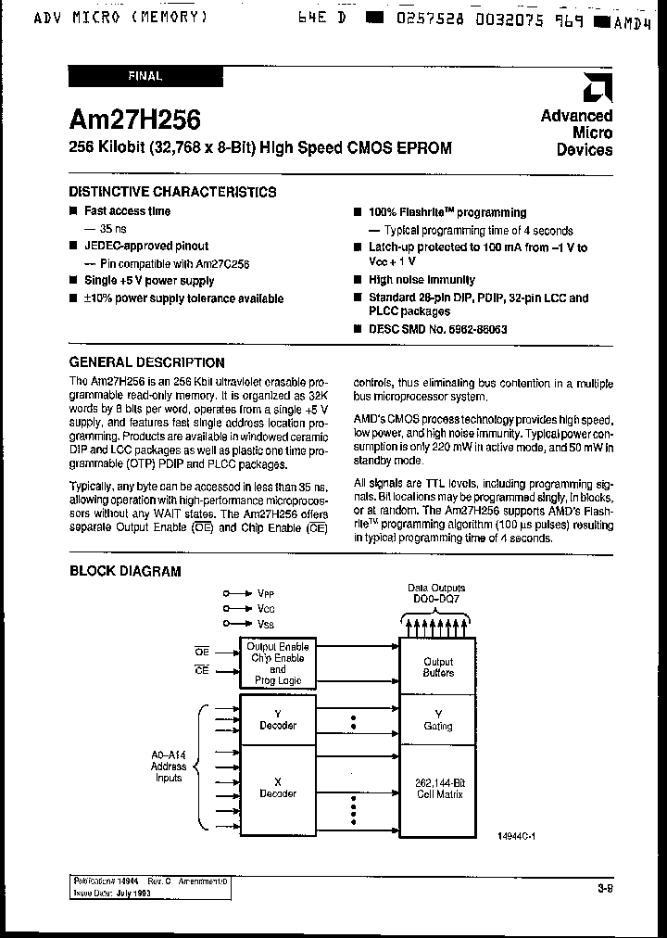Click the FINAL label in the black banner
(x=144, y=77)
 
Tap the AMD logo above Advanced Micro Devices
(x=593, y=89)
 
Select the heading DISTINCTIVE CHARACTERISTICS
(x=172, y=192)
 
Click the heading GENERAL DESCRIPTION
(x=147, y=362)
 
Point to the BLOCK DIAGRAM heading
(x=125, y=572)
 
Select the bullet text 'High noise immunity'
(x=422, y=280)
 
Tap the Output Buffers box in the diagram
(x=438, y=667)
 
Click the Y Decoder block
(x=278, y=719)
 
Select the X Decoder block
(x=278, y=788)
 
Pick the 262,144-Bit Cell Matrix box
(x=438, y=789)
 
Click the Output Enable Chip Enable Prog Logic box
(x=278, y=663)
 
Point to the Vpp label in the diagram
(x=265, y=592)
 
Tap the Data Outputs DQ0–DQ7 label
(x=437, y=593)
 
